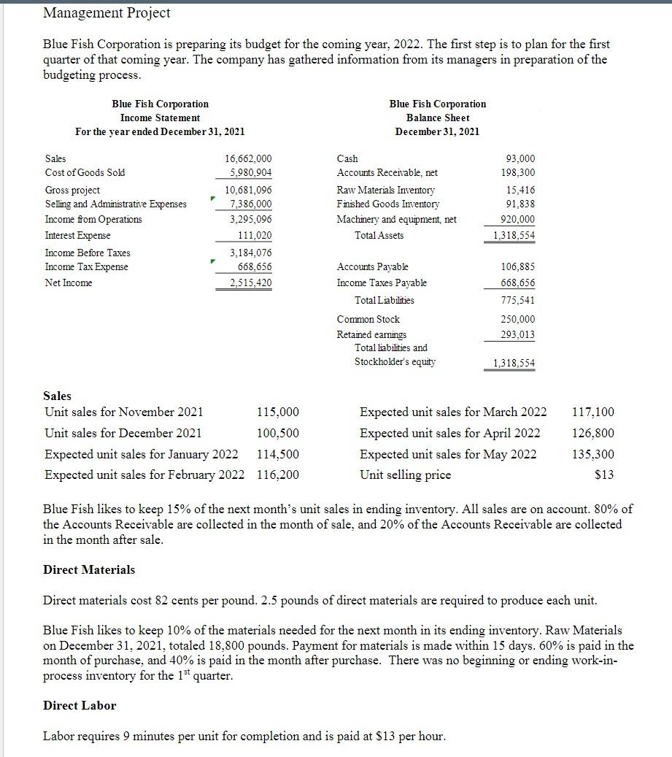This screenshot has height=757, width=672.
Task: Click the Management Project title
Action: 107,12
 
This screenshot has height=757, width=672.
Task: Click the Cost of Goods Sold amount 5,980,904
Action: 251,173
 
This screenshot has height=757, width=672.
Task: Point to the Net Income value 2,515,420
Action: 251,283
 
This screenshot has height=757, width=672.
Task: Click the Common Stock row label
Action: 368,319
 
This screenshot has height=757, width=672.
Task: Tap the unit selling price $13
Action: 604,475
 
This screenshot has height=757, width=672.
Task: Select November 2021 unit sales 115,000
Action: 278,412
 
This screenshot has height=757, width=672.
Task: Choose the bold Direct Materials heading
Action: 89,569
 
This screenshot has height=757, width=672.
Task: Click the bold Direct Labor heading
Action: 80,705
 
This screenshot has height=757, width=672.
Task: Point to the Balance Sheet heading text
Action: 438,118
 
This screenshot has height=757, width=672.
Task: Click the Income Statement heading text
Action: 160,118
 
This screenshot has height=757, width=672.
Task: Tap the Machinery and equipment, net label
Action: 396,219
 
